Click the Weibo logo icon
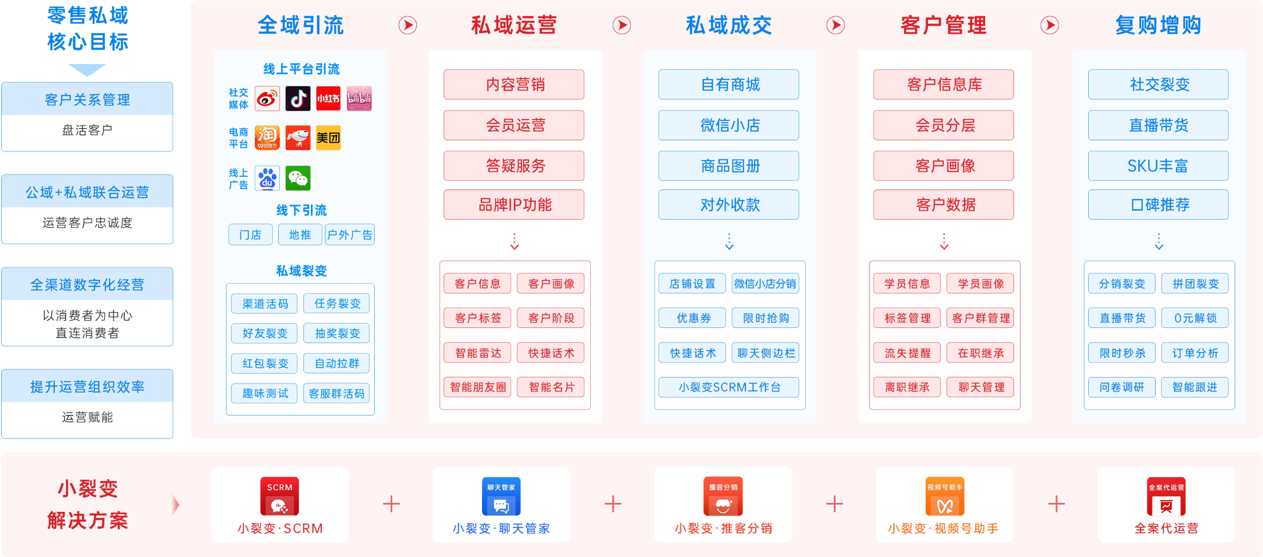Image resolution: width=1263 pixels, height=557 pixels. click(x=267, y=99)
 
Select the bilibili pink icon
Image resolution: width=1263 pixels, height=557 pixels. click(x=359, y=99)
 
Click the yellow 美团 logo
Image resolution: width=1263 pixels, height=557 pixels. click(x=328, y=138)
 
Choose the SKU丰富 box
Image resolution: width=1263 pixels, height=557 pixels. click(x=1158, y=166)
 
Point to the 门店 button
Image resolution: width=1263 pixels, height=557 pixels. click(x=250, y=235)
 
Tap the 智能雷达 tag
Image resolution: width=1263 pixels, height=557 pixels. click(x=478, y=353)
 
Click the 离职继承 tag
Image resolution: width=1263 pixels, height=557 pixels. click(x=907, y=387)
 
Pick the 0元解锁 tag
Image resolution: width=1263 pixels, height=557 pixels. click(x=1195, y=318)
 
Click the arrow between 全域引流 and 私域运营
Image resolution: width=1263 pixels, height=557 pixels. click(x=408, y=25)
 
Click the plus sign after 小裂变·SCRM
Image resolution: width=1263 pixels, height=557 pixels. click(x=391, y=504)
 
